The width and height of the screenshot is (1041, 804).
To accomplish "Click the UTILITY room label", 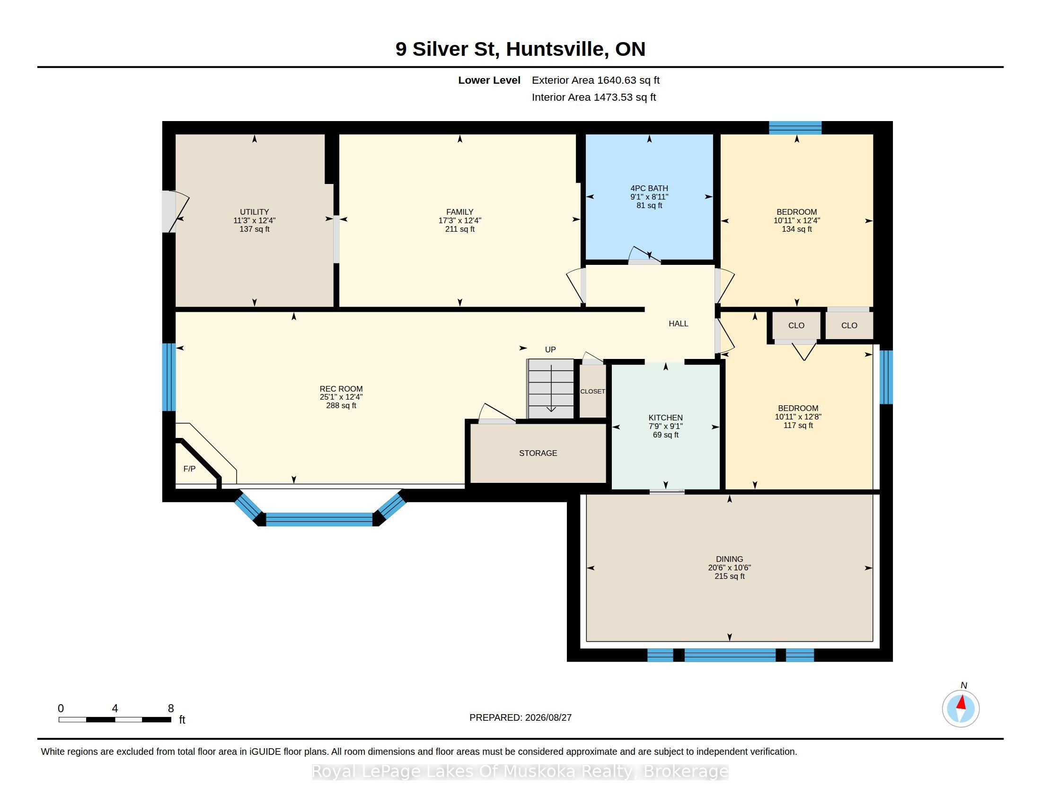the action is pos(255,212).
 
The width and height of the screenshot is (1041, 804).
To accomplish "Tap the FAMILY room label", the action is pos(459,212).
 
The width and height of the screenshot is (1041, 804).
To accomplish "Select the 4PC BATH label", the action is pos(649,188).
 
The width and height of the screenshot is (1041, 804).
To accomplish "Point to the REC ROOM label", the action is pos(341,389).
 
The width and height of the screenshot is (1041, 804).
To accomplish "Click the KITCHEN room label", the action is pos(665,418).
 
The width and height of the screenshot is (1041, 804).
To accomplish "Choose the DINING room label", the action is pos(729,559).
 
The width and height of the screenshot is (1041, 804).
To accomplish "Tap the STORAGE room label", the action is pos(538,453).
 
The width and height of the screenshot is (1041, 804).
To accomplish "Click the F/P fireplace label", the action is pos(189,469).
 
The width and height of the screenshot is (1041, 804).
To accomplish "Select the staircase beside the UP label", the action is pos(550,388).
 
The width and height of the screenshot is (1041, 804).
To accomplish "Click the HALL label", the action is pos(678,323).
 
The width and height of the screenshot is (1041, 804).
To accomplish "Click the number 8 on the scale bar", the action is pos(171,708).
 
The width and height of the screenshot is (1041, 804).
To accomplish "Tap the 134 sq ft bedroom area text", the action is pos(796,229).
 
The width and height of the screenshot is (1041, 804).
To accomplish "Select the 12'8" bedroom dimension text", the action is pos(810,417).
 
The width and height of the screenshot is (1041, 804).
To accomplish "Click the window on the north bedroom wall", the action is pos(795,128).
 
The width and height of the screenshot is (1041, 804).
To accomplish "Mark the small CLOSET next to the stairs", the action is pos(592,391).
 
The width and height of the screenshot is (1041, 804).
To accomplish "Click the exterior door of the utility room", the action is pos(169,212).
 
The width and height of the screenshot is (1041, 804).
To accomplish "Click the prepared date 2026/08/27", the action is pos(547,717).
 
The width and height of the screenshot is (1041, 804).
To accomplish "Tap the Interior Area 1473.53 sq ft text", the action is pos(594,97).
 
